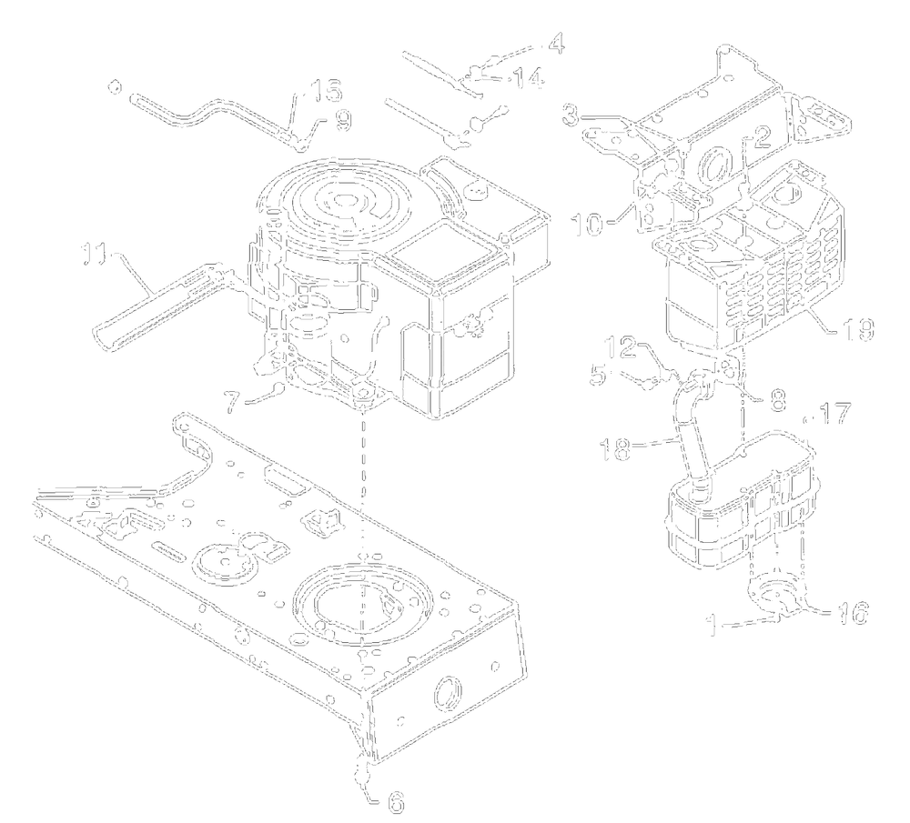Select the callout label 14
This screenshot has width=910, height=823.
(525, 81)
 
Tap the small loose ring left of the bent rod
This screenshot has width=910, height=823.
(114, 87)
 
